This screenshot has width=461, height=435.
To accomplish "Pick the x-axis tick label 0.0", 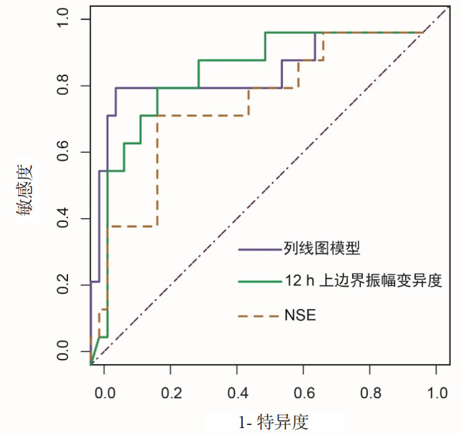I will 104,392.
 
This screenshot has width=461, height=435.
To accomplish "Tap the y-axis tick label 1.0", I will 62,19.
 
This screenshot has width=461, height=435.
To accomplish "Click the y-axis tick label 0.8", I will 62,85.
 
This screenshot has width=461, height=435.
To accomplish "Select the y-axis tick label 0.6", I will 62,152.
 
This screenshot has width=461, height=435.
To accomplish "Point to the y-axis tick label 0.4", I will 62,219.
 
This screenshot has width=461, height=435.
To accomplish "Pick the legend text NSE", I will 299,315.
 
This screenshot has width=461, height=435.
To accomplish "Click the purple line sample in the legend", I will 258,249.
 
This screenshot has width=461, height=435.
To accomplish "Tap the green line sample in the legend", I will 258,282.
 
